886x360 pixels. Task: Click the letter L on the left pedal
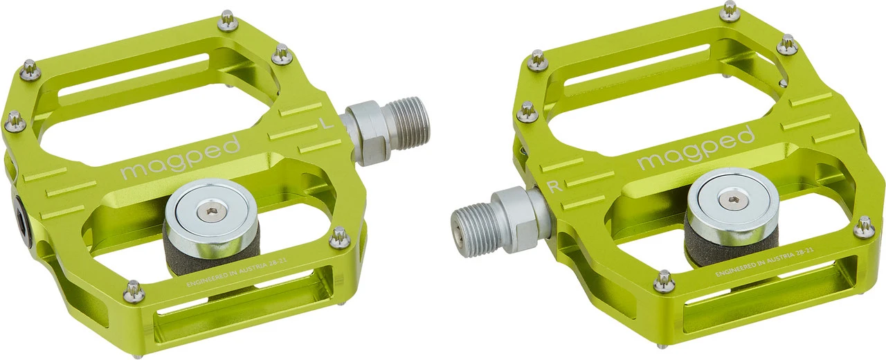[324, 123]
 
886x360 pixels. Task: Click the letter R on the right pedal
[552, 186]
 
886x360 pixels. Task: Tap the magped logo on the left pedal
[181, 158]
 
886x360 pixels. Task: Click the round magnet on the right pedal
[732, 199]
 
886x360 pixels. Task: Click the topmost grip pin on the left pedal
[227, 20]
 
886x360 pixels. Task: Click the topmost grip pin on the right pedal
[730, 10]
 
